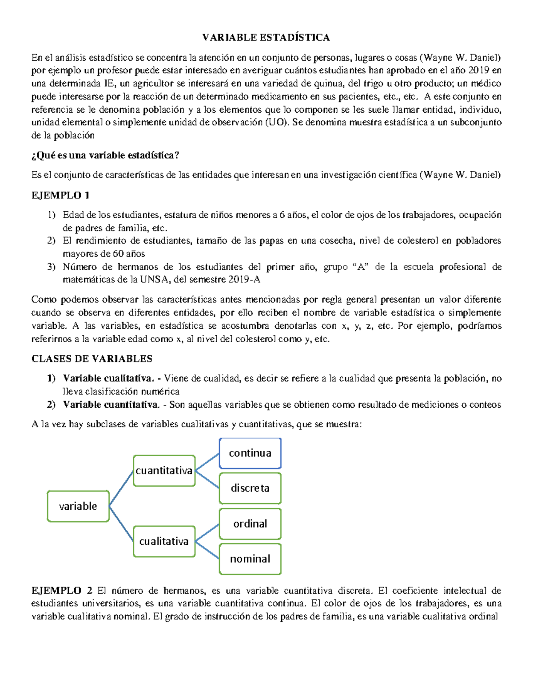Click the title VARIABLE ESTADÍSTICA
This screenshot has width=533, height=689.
(266, 38)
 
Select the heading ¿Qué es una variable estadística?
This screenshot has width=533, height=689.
(105, 155)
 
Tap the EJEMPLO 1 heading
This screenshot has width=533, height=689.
(60, 195)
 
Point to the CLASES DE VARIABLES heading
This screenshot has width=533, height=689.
(92, 358)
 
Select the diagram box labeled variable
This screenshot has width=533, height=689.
(78, 506)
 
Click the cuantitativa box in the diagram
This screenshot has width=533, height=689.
(164, 471)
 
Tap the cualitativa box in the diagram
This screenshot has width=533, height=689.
(164, 541)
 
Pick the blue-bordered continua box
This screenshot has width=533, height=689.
(250, 453)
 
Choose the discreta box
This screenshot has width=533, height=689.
(250, 488)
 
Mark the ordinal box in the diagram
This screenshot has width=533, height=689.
(250, 524)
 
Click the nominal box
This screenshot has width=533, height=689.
(250, 559)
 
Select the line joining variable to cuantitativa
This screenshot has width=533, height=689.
(121, 488)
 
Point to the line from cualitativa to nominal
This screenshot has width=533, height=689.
(207, 550)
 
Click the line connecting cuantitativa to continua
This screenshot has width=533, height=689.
(207, 462)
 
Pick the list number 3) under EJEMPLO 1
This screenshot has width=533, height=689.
(52, 267)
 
